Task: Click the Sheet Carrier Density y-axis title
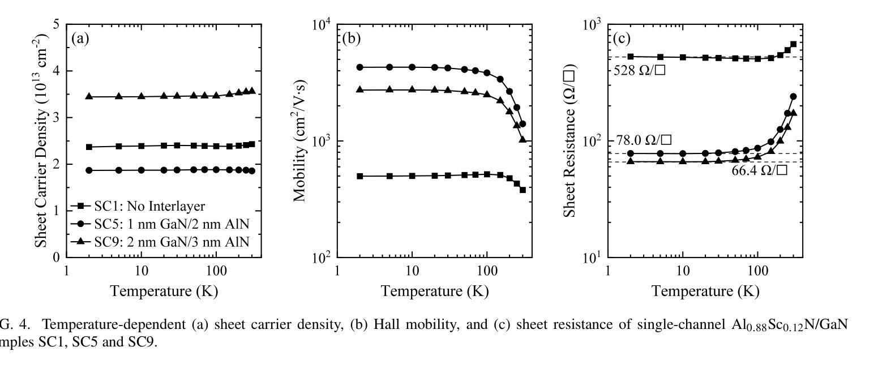coord(41,140)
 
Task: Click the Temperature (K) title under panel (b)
coord(434,291)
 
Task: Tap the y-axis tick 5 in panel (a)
coord(56,25)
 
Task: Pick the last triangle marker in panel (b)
coord(522,139)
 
